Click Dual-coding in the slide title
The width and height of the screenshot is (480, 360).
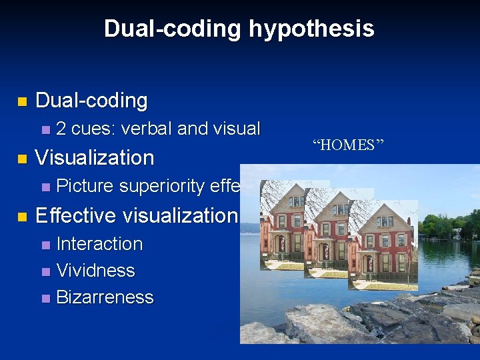click(173, 29)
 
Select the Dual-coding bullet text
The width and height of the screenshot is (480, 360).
click(91, 101)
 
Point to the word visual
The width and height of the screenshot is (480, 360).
click(237, 128)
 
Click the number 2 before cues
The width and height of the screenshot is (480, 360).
click(61, 128)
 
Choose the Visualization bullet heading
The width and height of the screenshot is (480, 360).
click(94, 158)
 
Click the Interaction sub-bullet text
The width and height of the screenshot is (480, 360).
click(99, 244)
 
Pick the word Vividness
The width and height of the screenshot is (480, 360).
click(95, 271)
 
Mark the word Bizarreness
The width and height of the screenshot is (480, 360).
click(105, 297)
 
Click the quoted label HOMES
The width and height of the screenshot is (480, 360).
click(348, 145)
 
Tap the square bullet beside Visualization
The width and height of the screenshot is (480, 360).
click(21, 159)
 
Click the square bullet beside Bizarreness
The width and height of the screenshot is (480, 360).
click(45, 299)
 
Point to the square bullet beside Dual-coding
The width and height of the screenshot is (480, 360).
click(21, 102)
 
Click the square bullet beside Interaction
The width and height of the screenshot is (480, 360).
click(45, 245)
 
